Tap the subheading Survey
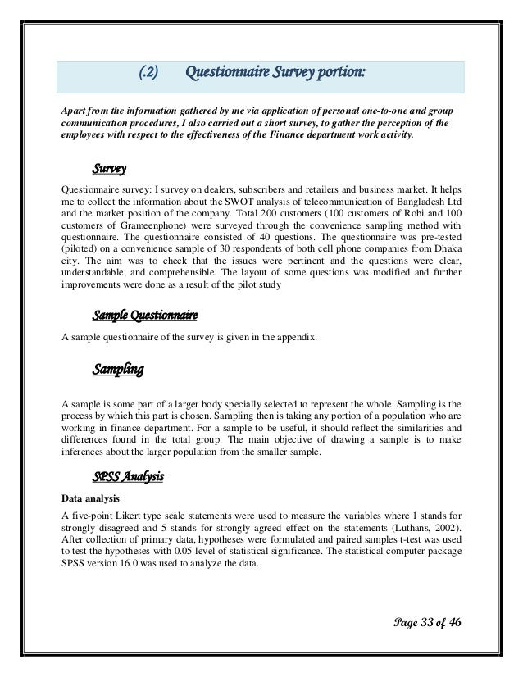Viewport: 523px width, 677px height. [x=109, y=170]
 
